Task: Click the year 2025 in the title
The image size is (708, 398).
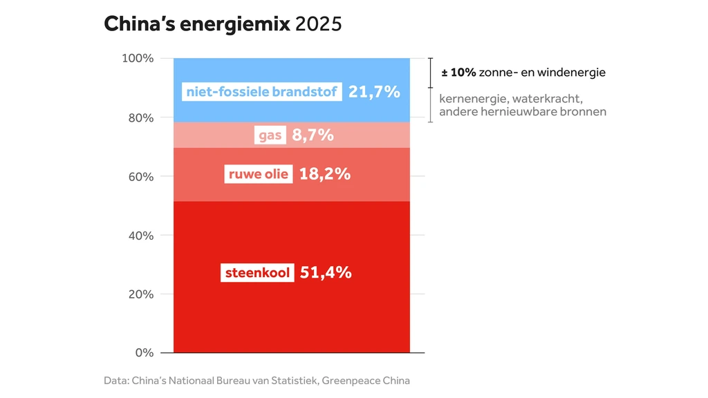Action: pyautogui.click(x=318, y=24)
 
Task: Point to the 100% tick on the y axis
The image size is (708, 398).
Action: pyautogui.click(x=138, y=58)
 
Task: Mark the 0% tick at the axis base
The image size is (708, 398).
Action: pyautogui.click(x=144, y=352)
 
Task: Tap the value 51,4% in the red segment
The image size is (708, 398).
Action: pyautogui.click(x=326, y=273)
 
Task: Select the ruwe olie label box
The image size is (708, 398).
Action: pyautogui.click(x=259, y=174)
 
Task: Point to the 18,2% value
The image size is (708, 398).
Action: pyautogui.click(x=324, y=174)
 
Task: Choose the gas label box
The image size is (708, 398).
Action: pyautogui.click(x=270, y=135)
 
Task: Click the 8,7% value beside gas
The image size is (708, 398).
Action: pyautogui.click(x=313, y=135)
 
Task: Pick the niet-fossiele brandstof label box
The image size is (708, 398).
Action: pyautogui.click(x=262, y=91)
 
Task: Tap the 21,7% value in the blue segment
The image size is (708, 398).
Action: pyautogui.click(x=374, y=91)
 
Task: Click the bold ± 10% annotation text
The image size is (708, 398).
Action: pyautogui.click(x=458, y=72)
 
